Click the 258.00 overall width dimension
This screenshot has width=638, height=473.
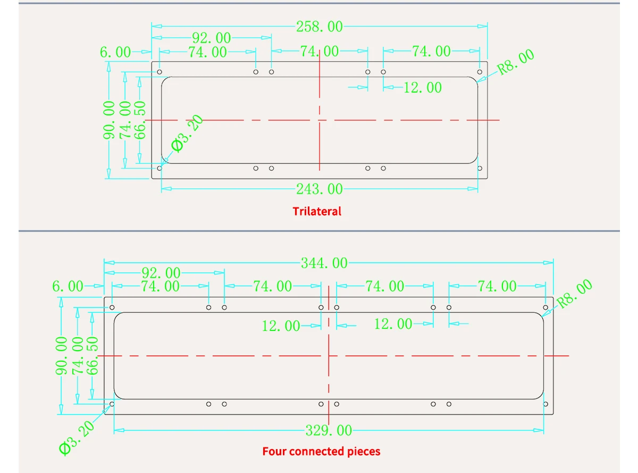point(319,26)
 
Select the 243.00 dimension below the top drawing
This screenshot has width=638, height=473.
point(319,189)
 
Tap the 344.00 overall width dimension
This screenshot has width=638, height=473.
point(324,263)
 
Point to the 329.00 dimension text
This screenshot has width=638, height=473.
point(329,430)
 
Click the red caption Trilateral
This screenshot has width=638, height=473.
point(317,211)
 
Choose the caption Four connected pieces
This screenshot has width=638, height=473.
point(321,452)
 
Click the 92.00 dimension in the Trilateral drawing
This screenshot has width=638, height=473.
point(211,38)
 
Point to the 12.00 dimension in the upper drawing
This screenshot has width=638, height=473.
point(423,87)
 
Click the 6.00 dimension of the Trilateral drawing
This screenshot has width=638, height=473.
point(115,52)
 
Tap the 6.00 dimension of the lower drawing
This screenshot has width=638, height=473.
point(68,287)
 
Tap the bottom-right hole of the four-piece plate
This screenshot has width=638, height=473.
point(545,404)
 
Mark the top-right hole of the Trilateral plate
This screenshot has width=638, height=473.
point(480,72)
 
